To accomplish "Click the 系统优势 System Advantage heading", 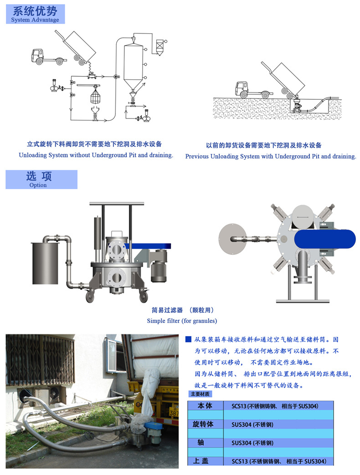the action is [x=35, y=14].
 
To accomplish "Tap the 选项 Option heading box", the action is [x=41, y=179].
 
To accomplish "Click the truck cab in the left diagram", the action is [x=37, y=56].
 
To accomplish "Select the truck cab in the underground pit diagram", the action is [x=242, y=89].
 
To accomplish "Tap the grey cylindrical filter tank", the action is [x=45, y=263].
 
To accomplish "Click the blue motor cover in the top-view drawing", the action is [x=324, y=239].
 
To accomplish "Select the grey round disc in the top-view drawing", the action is [x=233, y=239].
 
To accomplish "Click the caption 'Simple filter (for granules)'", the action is [x=182, y=321].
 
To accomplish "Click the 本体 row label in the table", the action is [x=205, y=406].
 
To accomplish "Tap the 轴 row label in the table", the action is [x=201, y=442].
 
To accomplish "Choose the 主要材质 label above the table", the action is [x=200, y=394].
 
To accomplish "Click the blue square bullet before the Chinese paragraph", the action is [x=188, y=339].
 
